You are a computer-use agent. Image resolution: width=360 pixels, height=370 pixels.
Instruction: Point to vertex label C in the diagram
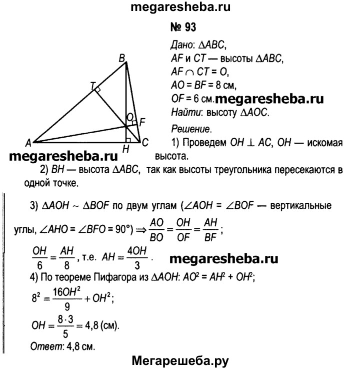pyautogui.click(x=145, y=142)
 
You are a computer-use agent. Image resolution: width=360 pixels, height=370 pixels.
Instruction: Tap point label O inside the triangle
pyautogui.click(x=130, y=117)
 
